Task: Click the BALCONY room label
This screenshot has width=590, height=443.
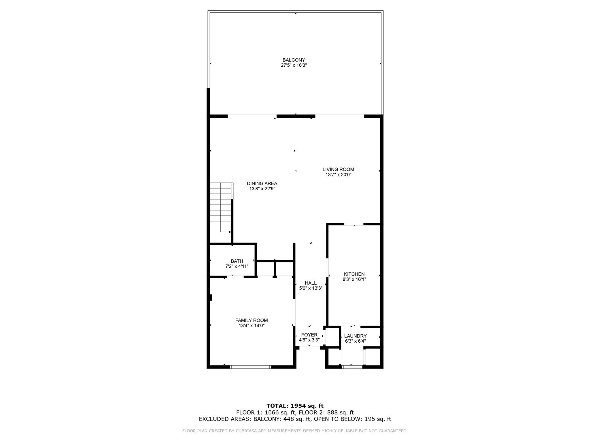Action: coord(294,60)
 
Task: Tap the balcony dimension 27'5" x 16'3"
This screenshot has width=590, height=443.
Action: coord(294,65)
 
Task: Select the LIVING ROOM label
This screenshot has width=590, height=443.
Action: coord(338,169)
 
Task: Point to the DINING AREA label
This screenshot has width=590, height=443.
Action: coord(262,183)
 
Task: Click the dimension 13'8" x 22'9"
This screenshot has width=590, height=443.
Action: coord(262,189)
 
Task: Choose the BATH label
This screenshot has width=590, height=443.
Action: coord(237,261)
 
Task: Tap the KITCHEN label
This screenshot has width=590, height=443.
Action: coord(354,274)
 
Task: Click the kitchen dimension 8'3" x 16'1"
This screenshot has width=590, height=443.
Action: coord(354,279)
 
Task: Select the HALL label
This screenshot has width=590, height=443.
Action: coord(311,283)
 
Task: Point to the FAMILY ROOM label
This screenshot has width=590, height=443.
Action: coord(251,320)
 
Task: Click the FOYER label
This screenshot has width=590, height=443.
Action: coord(309,335)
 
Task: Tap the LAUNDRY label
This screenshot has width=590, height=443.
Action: coord(355,336)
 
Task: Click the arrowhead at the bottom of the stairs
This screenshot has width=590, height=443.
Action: coord(230,232)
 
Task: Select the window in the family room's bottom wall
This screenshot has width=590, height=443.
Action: coord(251,367)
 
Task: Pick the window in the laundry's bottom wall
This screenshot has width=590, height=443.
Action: coord(352,367)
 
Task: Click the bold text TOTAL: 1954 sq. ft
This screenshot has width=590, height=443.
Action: coord(295,406)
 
